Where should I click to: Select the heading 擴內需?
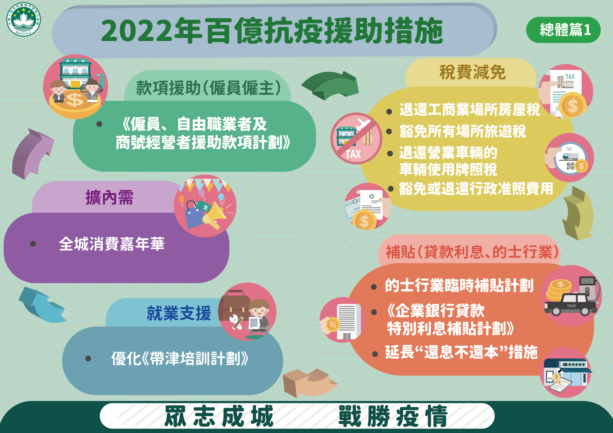point(109,198)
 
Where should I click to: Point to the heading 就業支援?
point(179,313)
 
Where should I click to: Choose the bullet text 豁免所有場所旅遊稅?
point(463,131)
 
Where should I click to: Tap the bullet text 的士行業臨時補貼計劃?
point(459,285)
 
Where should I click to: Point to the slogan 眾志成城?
point(219,416)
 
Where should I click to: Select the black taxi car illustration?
point(571,305)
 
